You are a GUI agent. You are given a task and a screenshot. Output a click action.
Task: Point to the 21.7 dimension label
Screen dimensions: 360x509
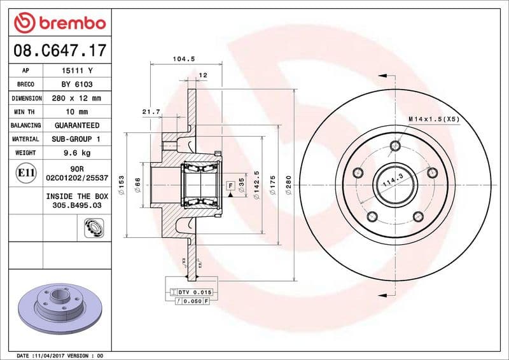[150, 112]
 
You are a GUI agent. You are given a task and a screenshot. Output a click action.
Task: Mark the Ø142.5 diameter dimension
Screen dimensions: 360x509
[256, 184]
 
